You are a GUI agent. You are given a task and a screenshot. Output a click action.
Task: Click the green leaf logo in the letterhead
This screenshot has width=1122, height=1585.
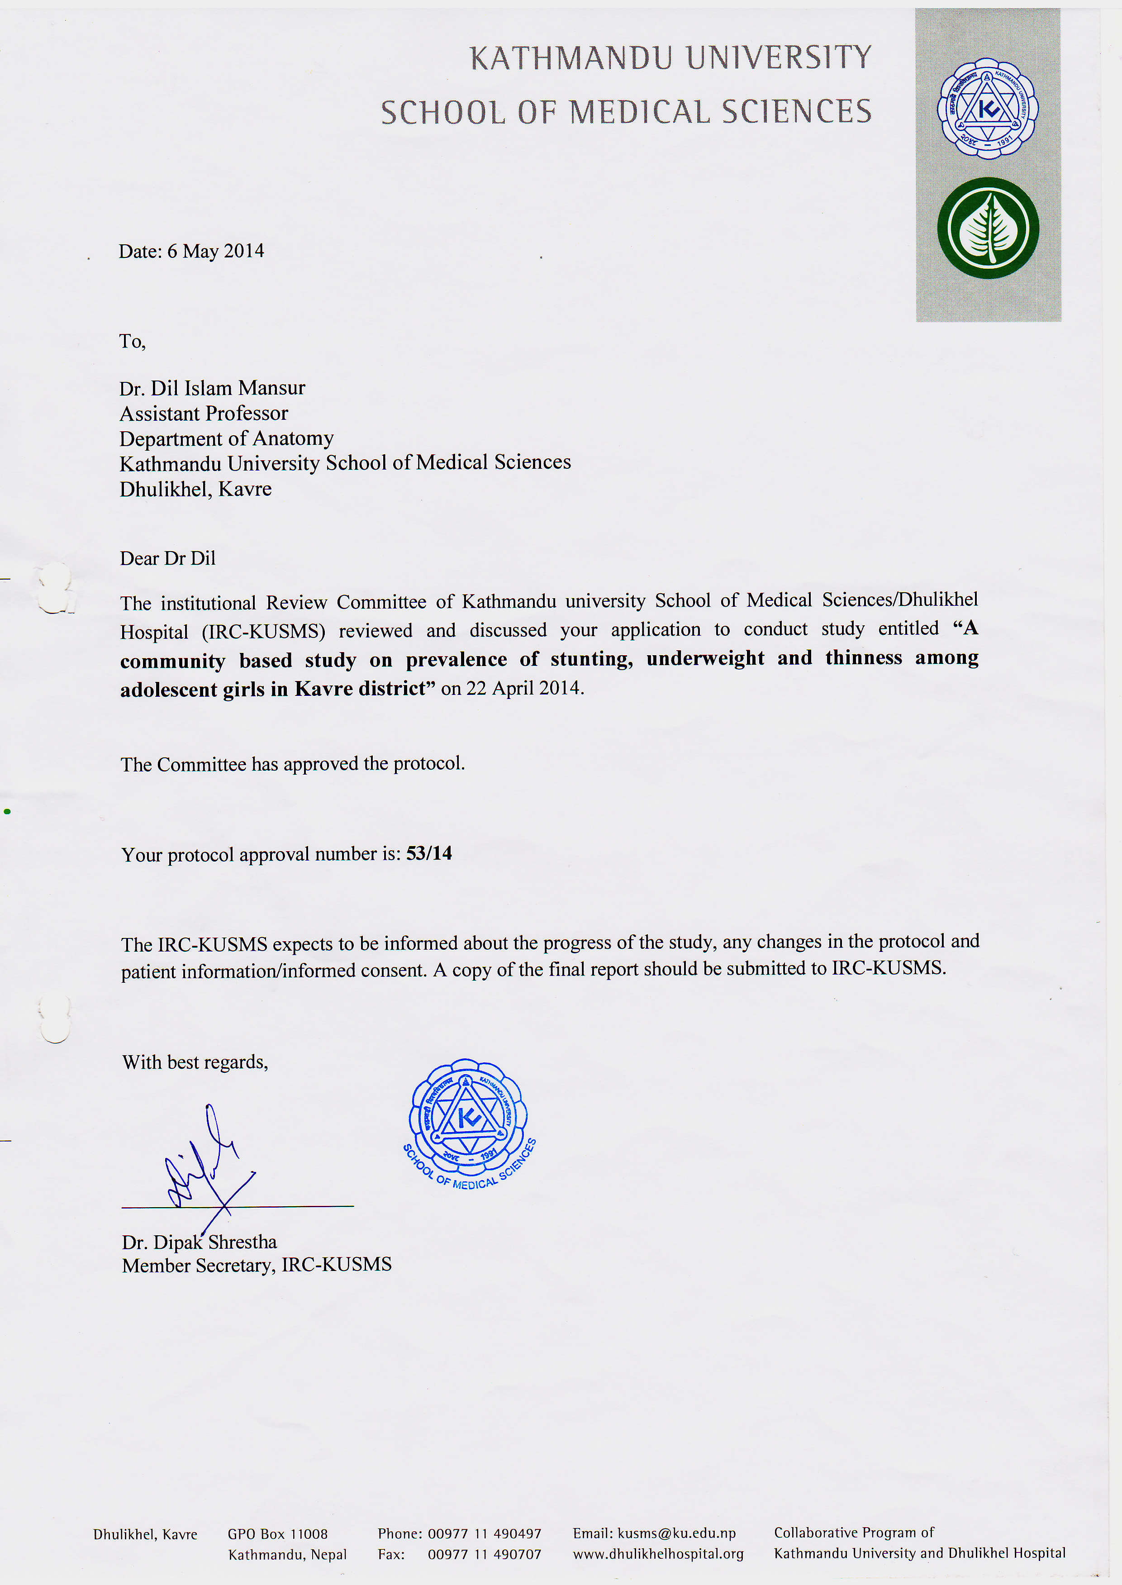click(x=988, y=228)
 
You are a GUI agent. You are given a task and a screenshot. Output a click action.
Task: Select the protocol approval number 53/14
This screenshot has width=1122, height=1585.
click(x=429, y=853)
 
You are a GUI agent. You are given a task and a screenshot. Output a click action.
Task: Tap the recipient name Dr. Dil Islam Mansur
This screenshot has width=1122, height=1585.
click(x=212, y=388)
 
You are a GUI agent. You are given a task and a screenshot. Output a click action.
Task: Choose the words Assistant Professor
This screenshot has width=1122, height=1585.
click(x=204, y=413)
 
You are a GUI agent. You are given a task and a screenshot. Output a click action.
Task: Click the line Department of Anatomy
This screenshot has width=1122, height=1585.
click(x=227, y=439)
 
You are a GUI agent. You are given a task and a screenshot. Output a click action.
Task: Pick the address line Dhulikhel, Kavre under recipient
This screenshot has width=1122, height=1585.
click(x=195, y=489)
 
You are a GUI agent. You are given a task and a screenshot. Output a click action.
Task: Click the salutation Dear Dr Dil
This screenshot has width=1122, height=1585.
click(x=168, y=558)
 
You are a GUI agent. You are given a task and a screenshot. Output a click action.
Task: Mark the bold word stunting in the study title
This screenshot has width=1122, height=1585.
click(x=591, y=659)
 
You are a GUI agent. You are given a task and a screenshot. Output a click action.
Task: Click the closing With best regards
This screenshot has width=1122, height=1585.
click(x=195, y=1062)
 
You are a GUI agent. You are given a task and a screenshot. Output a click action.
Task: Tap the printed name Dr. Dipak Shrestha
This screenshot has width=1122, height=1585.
click(x=200, y=1242)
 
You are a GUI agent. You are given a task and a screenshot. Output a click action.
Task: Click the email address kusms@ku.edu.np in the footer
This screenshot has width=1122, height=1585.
click(x=676, y=1533)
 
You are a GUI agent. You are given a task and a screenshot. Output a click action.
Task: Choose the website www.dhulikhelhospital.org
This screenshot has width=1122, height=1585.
click(x=658, y=1554)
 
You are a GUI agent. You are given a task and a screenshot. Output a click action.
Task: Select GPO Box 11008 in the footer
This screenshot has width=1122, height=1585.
click(x=278, y=1534)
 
